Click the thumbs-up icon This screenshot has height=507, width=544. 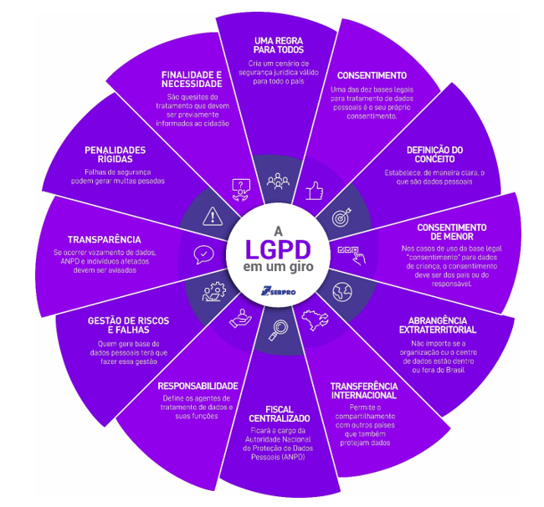[x=314, y=191]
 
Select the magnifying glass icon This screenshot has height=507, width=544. [x=277, y=331]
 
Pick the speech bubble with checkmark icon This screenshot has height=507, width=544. [x=203, y=254]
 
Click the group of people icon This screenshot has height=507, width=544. [x=276, y=182]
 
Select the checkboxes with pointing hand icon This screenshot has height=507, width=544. [x=349, y=253]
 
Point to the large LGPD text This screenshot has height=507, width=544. [x=276, y=249]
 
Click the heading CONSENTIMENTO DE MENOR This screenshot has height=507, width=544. [x=451, y=232]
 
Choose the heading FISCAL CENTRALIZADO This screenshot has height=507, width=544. [x=280, y=412]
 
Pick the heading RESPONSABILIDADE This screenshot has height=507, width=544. [x=198, y=386]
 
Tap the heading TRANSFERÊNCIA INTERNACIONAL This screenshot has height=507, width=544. [x=363, y=390]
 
